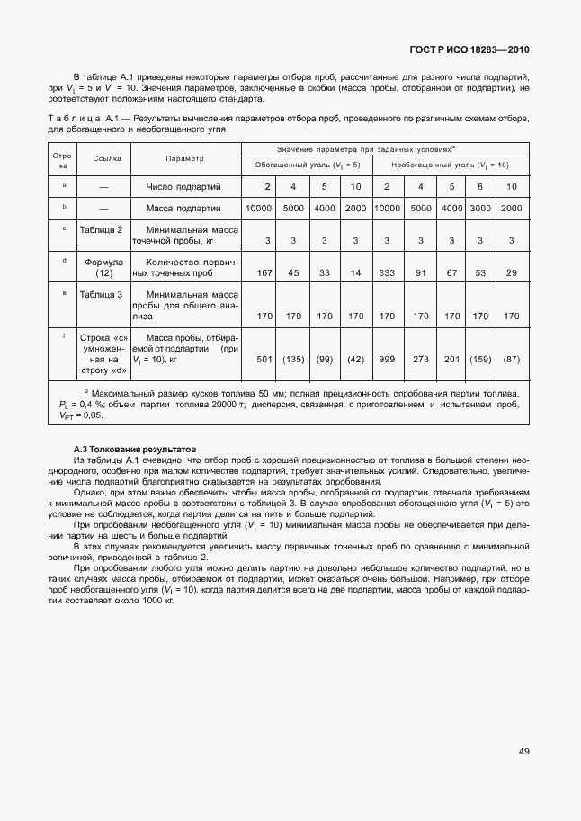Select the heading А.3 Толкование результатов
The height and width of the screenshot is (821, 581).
(x=135, y=449)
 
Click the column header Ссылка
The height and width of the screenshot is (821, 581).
(x=106, y=158)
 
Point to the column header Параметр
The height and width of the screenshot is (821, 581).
(x=184, y=158)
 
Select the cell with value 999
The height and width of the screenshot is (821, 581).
(x=387, y=360)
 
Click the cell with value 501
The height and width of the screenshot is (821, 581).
(x=264, y=360)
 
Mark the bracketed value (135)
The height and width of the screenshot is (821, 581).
(x=293, y=360)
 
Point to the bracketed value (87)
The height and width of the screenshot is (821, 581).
(x=511, y=360)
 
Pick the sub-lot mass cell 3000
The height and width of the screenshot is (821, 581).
(x=480, y=209)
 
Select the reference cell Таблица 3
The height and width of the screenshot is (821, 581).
(x=101, y=294)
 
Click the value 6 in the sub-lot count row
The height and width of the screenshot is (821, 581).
(x=480, y=186)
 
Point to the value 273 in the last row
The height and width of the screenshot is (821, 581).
(x=420, y=360)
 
